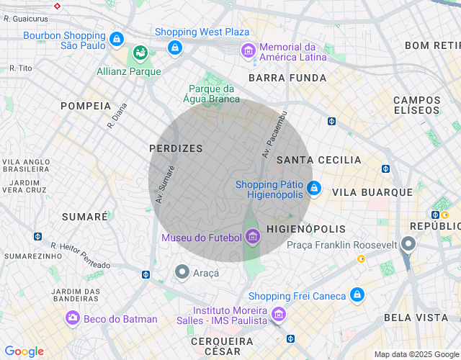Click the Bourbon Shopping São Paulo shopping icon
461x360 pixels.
click(116, 38)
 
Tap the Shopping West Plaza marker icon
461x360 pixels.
click(174, 48)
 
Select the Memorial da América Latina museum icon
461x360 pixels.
click(249, 50)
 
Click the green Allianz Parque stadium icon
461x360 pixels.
click(140, 54)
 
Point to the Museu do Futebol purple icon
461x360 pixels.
click(252, 236)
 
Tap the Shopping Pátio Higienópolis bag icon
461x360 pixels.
click(313, 189)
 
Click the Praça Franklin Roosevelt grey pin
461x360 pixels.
click(408, 244)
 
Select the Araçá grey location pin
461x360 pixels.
click(182, 272)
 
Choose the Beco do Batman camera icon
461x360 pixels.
click(72, 318)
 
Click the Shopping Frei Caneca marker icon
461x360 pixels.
click(357, 295)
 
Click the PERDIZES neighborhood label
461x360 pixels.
click(176, 148)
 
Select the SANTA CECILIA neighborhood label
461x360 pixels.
click(319, 159)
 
